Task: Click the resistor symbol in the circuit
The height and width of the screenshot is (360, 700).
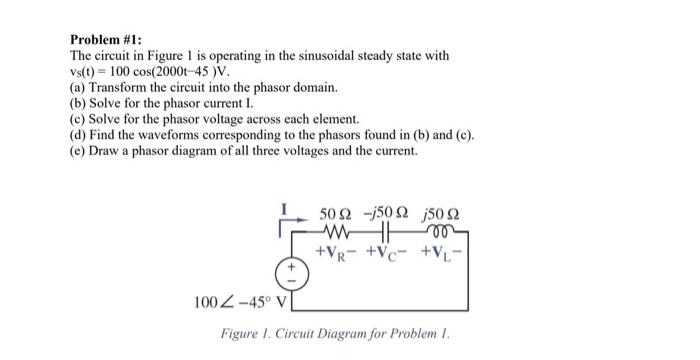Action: tap(332, 230)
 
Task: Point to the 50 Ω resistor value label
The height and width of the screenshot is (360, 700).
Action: tap(334, 213)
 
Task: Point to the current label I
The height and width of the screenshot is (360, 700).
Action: tap(283, 210)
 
